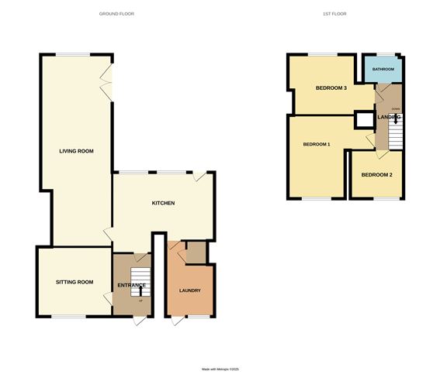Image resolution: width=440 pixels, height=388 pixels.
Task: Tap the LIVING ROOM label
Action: (76, 151)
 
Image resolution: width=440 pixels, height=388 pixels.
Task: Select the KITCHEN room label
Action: (163, 203)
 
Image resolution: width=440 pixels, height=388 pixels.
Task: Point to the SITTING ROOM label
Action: (74, 282)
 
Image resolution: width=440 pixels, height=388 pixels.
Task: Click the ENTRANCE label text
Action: (131, 286)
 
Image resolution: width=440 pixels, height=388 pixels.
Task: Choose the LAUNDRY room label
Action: (189, 291)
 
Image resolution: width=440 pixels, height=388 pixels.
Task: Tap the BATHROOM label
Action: (383, 70)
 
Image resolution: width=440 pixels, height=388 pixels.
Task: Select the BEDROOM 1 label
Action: (317, 145)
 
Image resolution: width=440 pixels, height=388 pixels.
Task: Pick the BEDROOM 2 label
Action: (377, 175)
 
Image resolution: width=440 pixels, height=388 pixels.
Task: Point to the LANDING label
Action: (389, 117)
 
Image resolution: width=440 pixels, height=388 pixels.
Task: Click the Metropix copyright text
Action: (221, 369)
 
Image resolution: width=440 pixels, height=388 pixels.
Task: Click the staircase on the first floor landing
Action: (397, 136)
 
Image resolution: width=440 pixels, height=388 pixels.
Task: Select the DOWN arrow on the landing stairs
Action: (397, 118)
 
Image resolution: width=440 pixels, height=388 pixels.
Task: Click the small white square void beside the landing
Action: (363, 119)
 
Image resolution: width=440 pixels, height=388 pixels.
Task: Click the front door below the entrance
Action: (138, 319)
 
